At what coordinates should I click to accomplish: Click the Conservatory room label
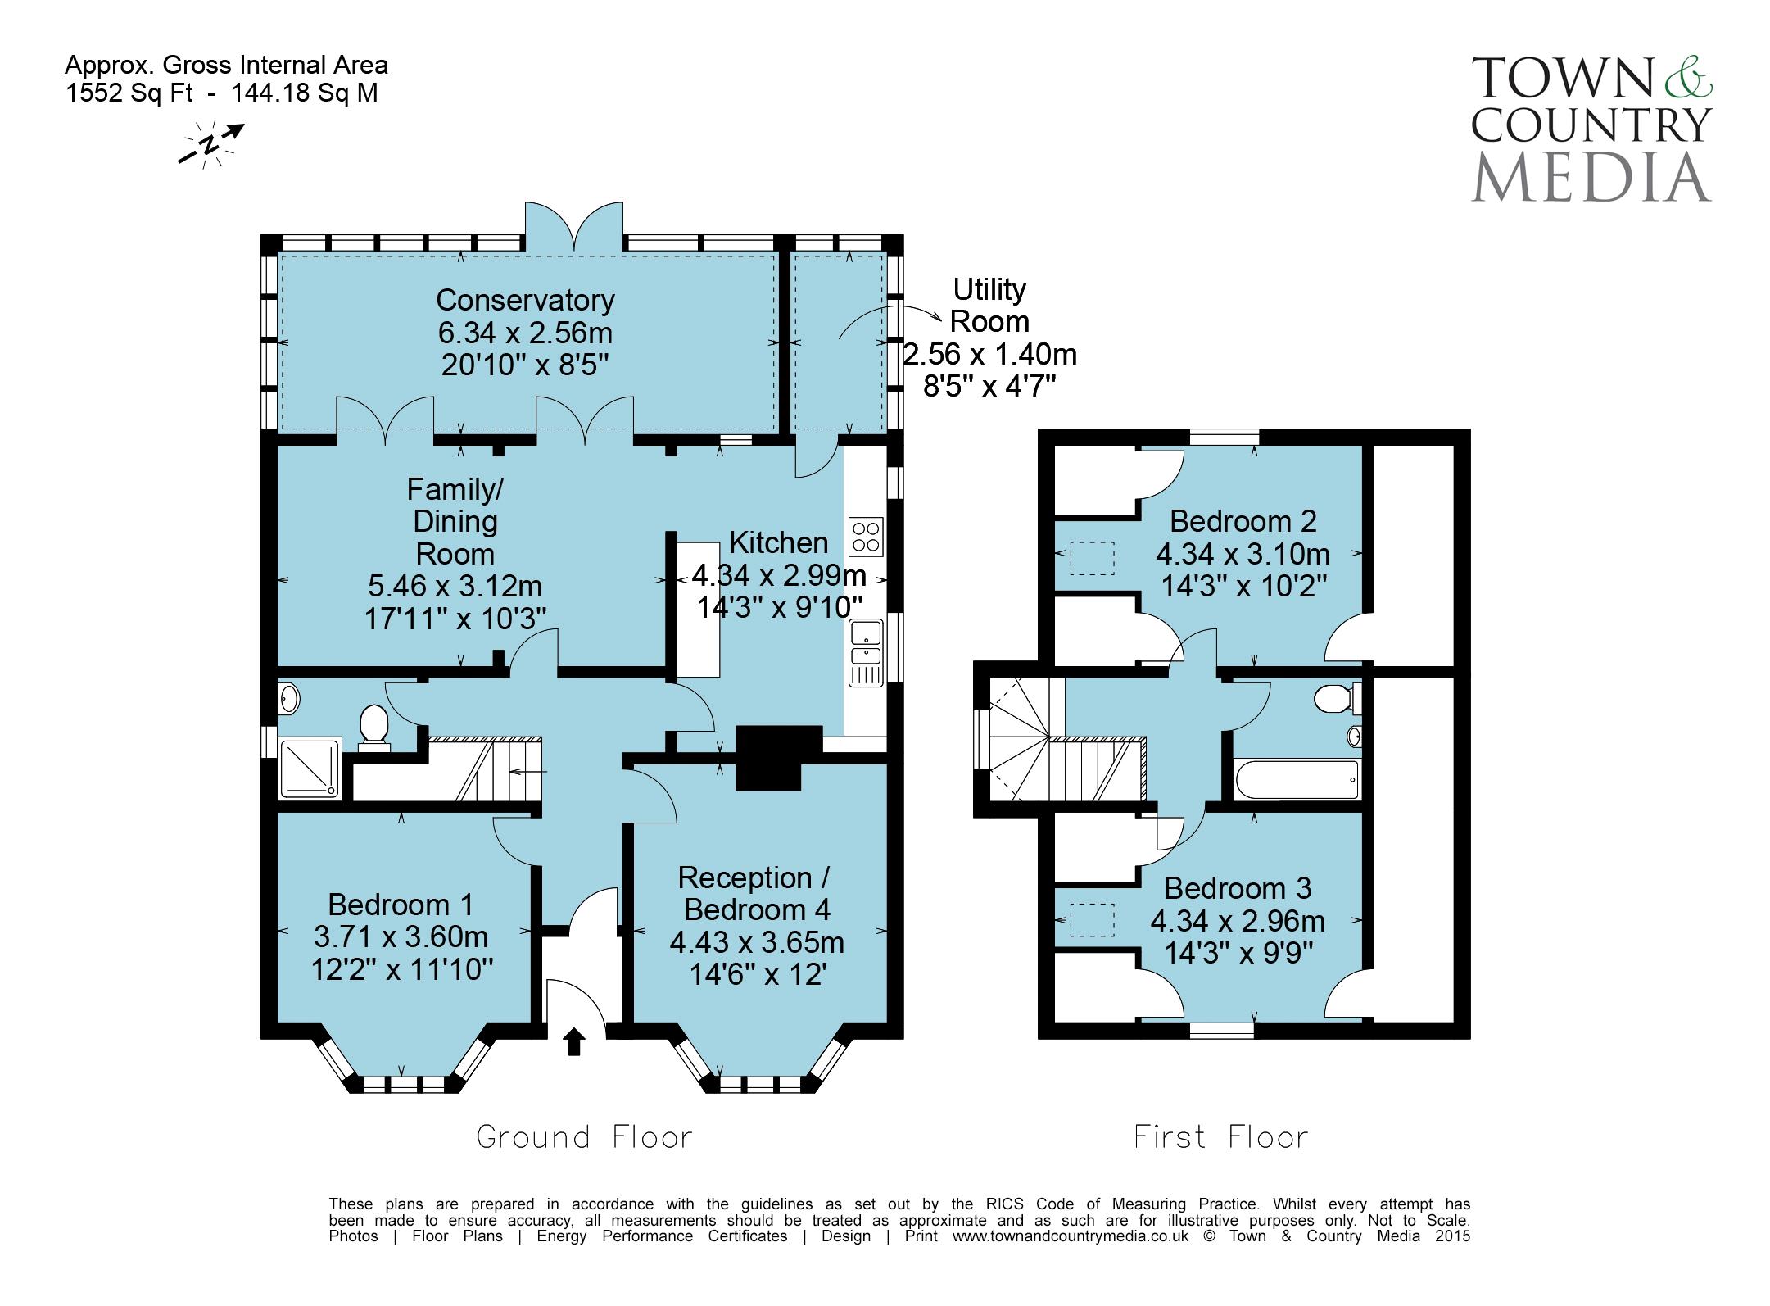(x=525, y=300)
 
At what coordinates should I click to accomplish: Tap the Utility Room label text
(x=989, y=305)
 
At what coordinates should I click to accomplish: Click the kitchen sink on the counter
(x=866, y=642)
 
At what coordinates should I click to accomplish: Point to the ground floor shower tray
(x=310, y=767)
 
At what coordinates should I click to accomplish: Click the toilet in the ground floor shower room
(x=373, y=728)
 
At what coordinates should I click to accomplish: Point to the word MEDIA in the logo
(x=1591, y=175)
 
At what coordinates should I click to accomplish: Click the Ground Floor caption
(x=585, y=1136)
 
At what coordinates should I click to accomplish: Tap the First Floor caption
(x=1221, y=1136)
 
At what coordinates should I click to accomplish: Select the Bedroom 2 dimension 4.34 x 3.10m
(x=1243, y=554)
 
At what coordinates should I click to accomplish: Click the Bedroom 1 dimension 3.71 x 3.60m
(x=401, y=936)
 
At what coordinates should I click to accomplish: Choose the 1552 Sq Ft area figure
(x=129, y=93)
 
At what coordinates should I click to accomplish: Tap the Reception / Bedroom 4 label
(x=757, y=893)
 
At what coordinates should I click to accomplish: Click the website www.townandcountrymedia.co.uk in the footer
(x=1070, y=1236)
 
